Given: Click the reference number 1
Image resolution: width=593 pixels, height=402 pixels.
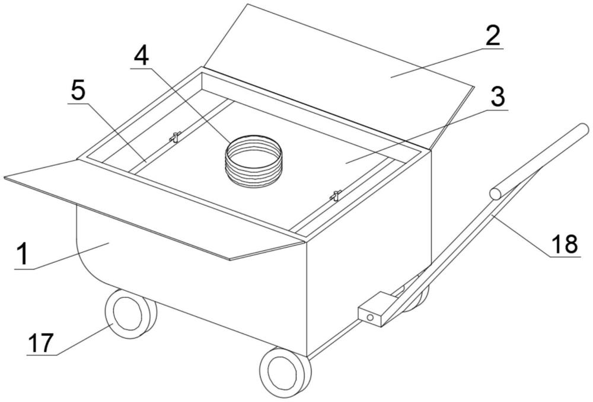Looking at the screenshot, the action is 23,253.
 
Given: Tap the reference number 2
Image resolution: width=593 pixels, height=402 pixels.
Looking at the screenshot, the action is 492,36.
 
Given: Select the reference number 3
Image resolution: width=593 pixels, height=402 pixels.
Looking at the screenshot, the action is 498,97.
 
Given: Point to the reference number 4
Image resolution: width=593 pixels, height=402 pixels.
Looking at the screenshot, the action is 142,57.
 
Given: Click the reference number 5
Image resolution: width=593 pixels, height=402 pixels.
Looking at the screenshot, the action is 78,91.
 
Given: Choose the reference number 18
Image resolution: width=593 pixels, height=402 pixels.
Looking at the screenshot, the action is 565,244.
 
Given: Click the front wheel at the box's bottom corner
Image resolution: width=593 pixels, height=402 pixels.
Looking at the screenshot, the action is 285,372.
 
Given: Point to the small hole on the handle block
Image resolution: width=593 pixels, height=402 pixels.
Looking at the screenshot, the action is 370,317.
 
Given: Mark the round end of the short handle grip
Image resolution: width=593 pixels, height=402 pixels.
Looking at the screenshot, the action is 495,194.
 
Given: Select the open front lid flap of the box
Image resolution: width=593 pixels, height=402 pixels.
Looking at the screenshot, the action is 151,208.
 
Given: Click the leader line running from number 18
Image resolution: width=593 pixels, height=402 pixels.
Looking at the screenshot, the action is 521,236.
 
